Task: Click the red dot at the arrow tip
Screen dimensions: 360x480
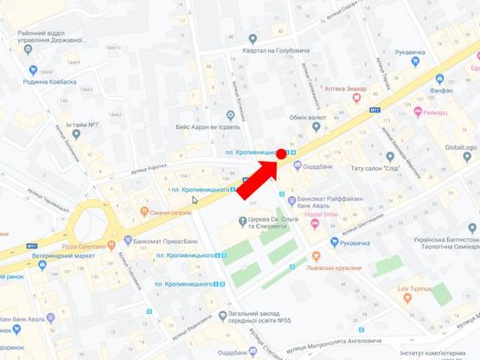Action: [x=282, y=155]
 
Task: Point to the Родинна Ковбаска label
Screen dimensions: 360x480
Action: [x=48, y=82]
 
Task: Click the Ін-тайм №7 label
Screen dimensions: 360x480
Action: [x=79, y=125]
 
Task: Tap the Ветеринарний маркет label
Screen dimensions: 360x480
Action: [x=63, y=256]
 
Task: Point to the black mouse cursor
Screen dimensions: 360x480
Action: [x=195, y=200]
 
